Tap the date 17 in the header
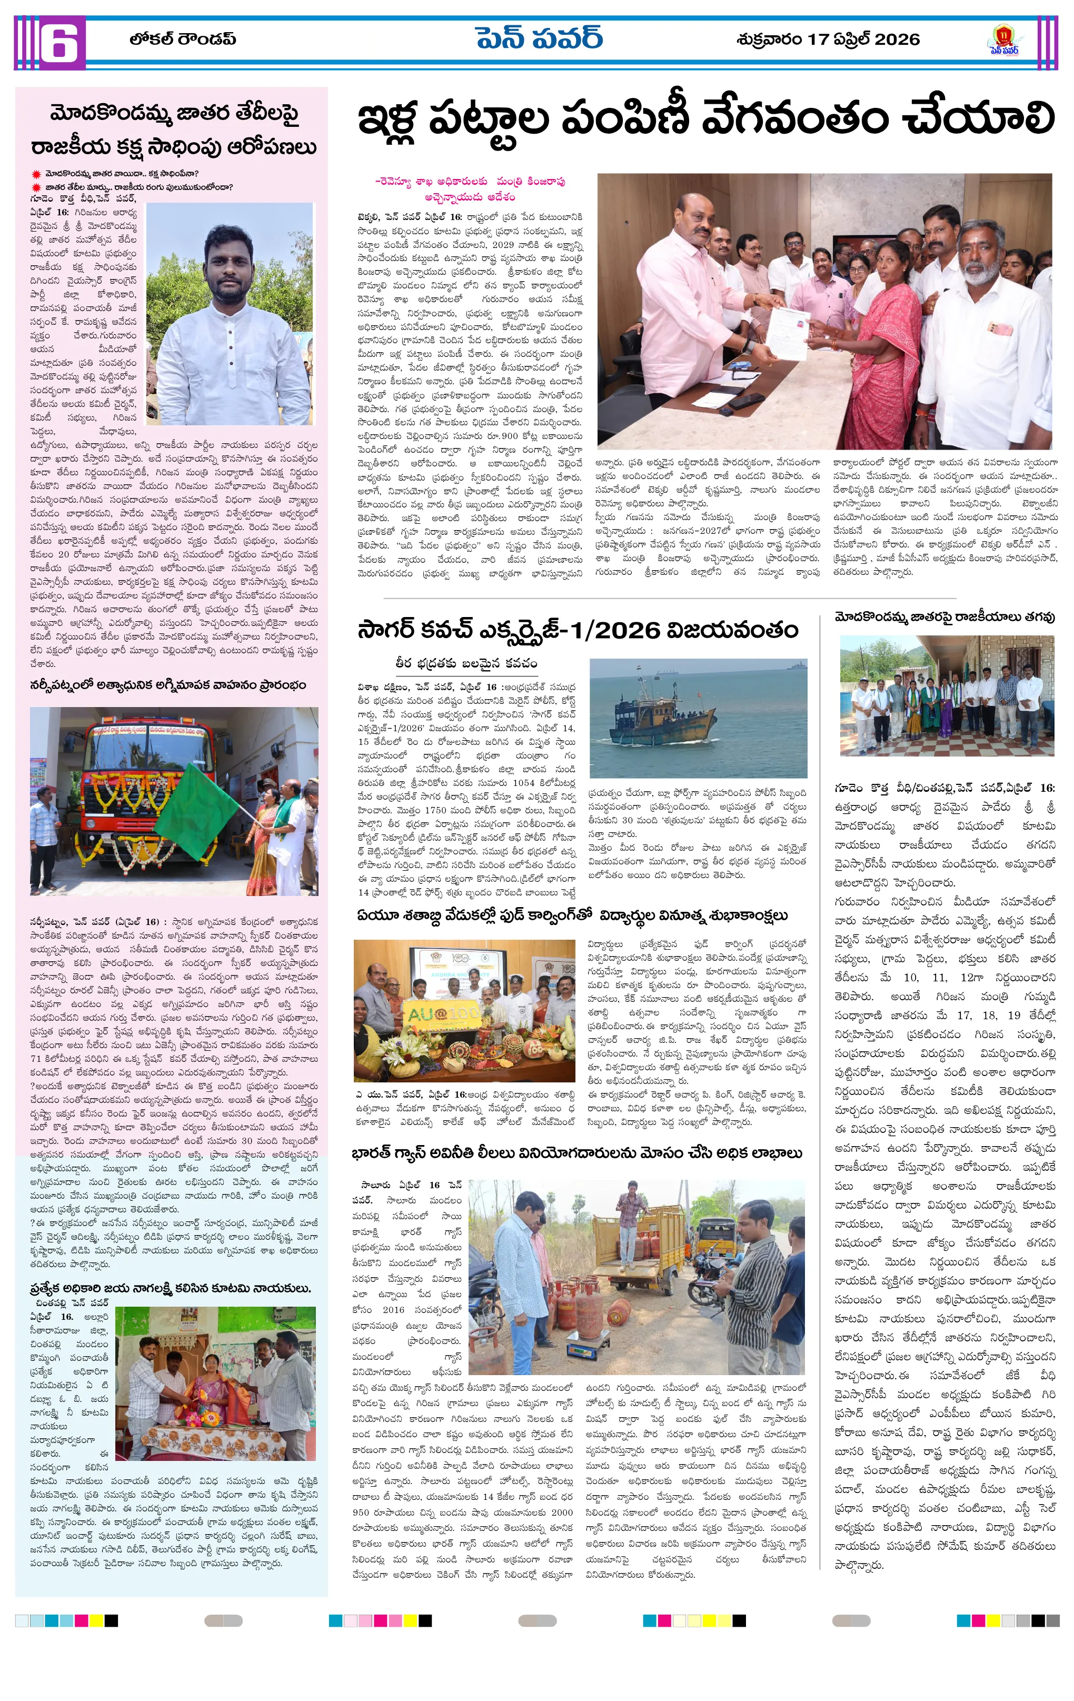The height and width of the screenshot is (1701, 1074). [x=818, y=39]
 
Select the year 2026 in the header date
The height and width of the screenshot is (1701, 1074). [x=897, y=39]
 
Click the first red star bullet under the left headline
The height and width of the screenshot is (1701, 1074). [x=36, y=174]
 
